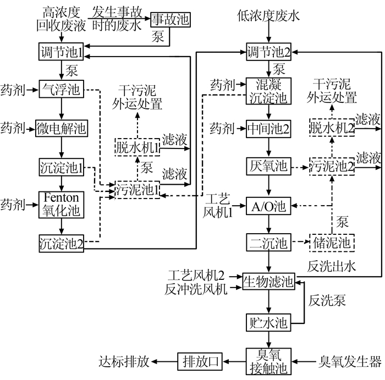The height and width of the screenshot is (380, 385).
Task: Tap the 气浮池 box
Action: tap(61, 89)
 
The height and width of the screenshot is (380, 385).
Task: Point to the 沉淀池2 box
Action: tap(61, 242)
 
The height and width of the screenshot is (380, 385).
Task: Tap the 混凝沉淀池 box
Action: tap(268, 91)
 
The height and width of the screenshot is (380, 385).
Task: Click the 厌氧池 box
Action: tap(268, 166)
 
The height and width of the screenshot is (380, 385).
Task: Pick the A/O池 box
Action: tap(268, 206)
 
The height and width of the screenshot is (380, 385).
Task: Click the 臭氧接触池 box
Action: tap(268, 361)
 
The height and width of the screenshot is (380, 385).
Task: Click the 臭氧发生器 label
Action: tap(350, 361)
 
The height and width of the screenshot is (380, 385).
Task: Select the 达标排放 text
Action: tap(124, 361)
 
